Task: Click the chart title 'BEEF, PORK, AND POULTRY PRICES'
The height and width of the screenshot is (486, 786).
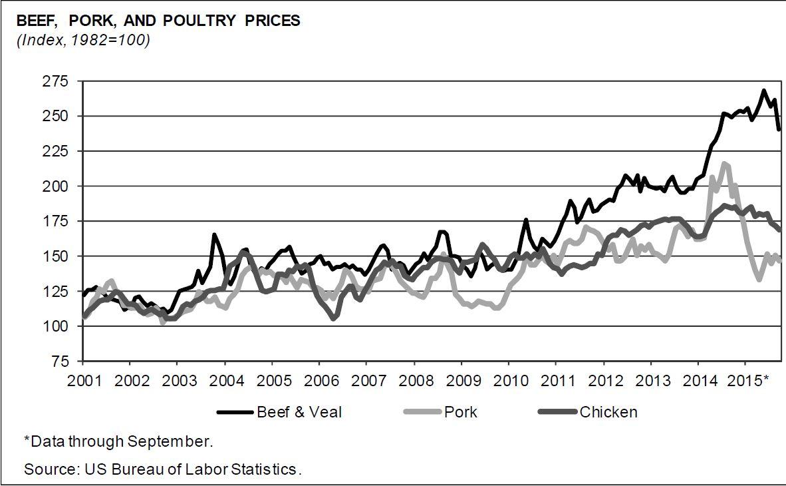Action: coord(158,21)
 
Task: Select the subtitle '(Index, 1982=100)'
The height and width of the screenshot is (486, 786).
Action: coord(83,40)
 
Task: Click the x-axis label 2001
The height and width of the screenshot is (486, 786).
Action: coord(84,380)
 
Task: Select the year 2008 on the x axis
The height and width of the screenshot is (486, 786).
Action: coord(414,380)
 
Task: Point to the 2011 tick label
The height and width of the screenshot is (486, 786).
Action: coord(557,380)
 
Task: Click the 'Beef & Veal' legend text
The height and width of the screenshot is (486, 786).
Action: coord(299,412)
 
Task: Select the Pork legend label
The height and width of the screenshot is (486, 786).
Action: coord(461,412)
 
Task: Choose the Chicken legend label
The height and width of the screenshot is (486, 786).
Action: coord(608,412)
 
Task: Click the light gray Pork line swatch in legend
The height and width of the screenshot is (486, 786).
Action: coord(423,412)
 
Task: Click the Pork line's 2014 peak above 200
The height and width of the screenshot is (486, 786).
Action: coord(724,163)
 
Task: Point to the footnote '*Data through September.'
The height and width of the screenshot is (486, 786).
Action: coord(118,441)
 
